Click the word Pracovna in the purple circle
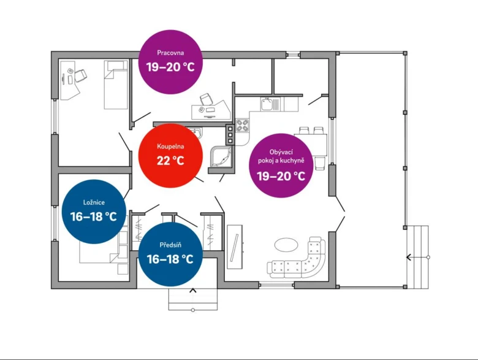(170, 53)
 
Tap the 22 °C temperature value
(170, 161)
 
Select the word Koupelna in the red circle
(170, 147)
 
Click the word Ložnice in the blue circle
(94, 202)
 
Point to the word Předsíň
(170, 245)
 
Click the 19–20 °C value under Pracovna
(170, 67)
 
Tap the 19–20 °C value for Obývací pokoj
(281, 176)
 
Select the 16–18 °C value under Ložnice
(94, 216)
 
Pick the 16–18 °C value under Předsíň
(170, 259)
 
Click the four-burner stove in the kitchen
(243, 125)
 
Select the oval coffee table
(286, 245)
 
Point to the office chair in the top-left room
(80, 75)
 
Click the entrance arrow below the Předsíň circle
(192, 291)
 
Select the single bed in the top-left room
(116, 85)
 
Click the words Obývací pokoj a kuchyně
(281, 156)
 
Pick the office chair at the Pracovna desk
(207, 100)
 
